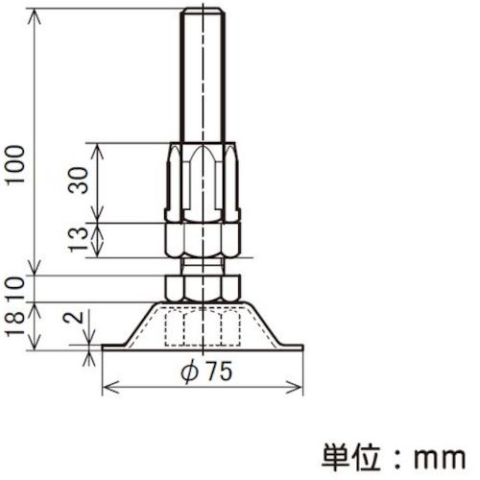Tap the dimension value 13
tap(84, 237)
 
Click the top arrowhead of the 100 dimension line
tap(37, 12)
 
